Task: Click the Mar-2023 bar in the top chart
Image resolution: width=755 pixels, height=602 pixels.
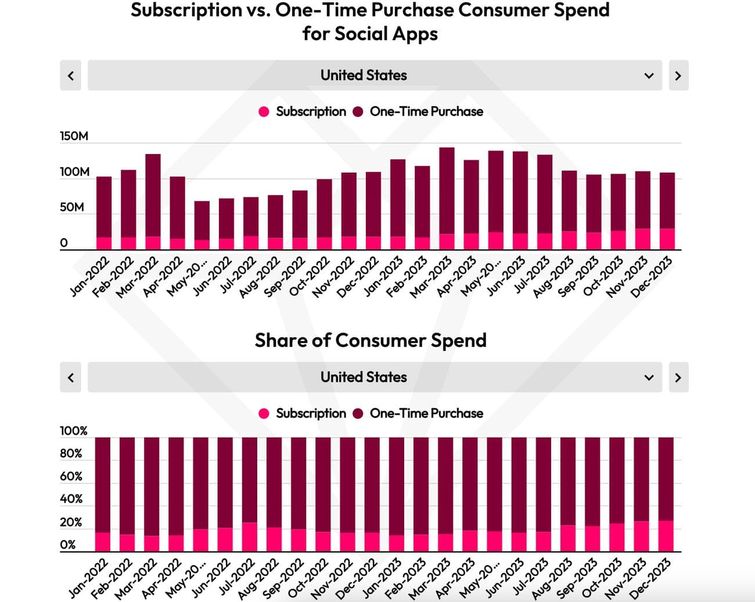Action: click(x=447, y=192)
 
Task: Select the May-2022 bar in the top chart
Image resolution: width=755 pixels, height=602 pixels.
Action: click(x=202, y=221)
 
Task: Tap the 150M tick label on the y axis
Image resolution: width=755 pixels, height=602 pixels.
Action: click(x=74, y=136)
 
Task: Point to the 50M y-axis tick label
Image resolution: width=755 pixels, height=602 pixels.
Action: click(x=71, y=207)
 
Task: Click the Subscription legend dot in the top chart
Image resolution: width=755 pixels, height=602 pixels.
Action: click(x=264, y=112)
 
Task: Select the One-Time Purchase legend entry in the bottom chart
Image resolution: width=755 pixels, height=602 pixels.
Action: click(x=426, y=413)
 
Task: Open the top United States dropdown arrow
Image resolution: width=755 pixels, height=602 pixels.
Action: click(x=649, y=76)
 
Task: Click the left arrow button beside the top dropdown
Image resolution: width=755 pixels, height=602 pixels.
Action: click(x=70, y=76)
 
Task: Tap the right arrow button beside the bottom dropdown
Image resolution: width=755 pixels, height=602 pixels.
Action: click(x=678, y=377)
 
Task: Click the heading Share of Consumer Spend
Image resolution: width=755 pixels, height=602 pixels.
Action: click(x=371, y=340)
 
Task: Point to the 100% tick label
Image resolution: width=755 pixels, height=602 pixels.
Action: click(x=73, y=431)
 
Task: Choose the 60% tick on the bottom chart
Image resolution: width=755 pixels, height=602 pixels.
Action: click(x=71, y=476)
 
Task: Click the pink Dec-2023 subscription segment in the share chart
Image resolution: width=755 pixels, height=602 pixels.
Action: click(x=666, y=536)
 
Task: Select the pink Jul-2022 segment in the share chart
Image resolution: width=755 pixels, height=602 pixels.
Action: click(x=250, y=537)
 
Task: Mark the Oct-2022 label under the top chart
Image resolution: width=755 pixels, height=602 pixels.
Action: click(x=310, y=277)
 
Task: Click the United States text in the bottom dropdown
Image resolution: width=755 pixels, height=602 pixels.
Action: click(x=364, y=377)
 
